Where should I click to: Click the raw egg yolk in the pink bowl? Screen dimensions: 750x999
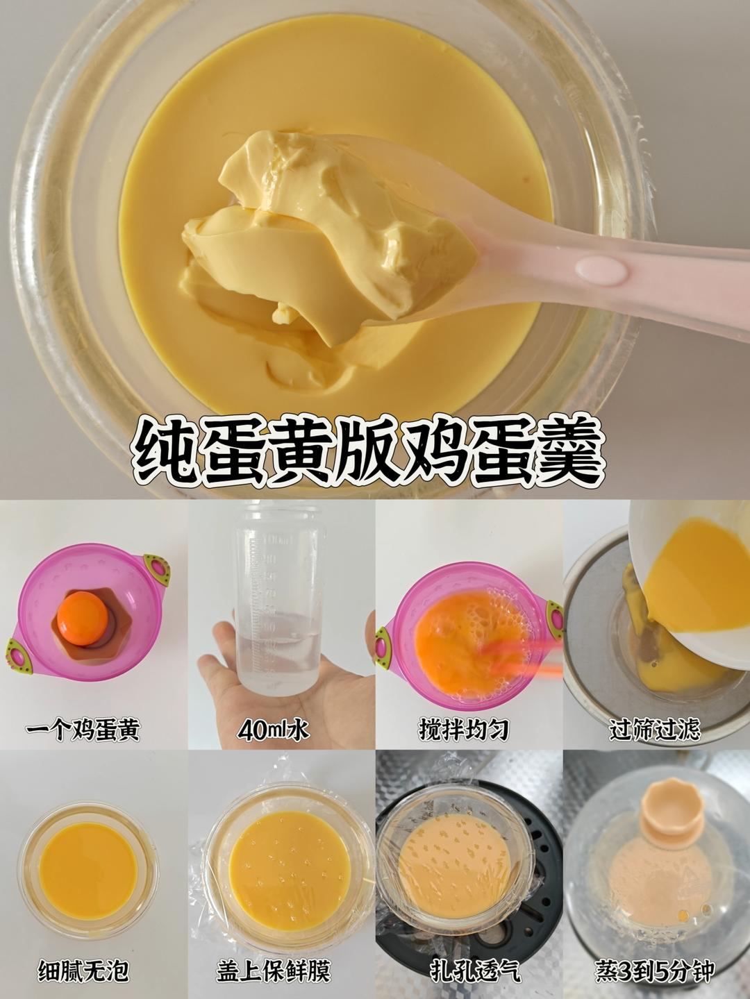pos(83,614)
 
